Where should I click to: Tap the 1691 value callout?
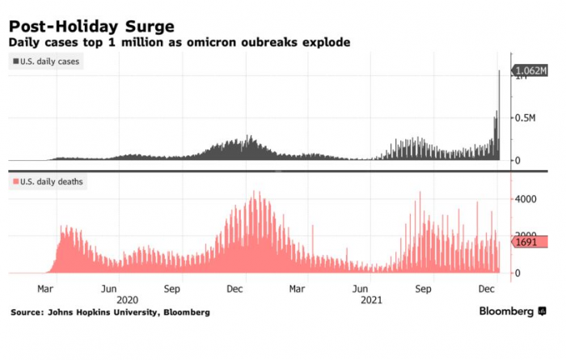coord(527,242)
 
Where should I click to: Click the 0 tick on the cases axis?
coord(521,161)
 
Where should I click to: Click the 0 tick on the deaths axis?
coord(521,273)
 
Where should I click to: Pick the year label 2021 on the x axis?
coord(370,299)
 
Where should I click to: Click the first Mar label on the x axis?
coord(45,288)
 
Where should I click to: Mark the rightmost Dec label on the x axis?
coord(488,288)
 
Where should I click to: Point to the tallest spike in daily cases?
coord(499,73)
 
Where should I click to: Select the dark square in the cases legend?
coord(16,61)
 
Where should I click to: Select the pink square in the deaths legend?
coord(16,182)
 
